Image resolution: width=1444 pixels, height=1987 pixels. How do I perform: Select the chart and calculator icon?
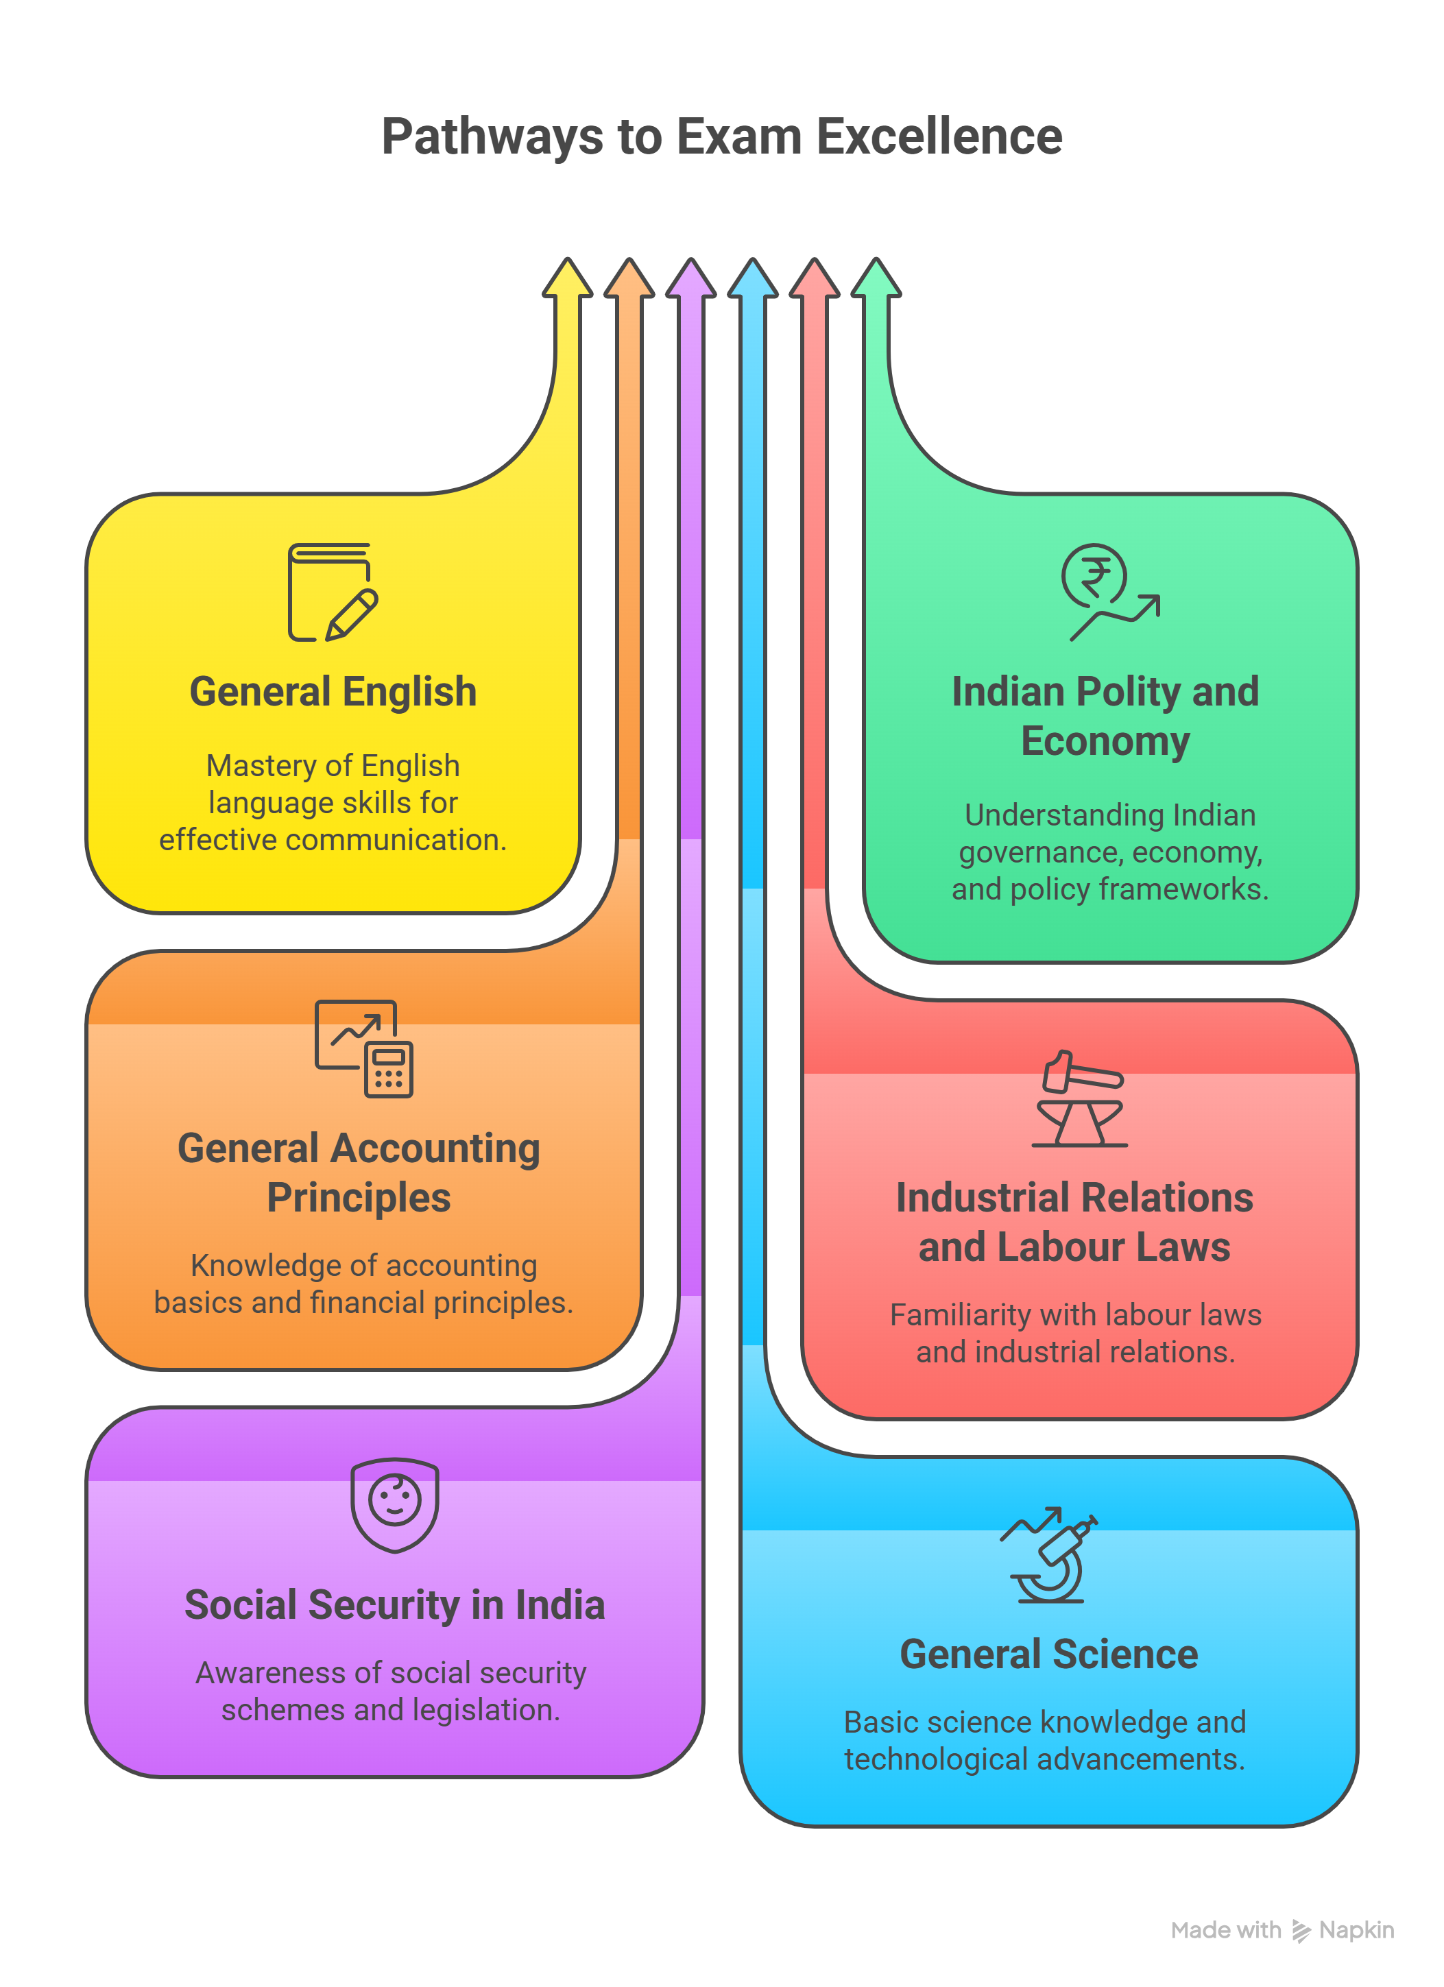[x=363, y=1049]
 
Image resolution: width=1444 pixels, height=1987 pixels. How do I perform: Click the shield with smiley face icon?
[x=394, y=1504]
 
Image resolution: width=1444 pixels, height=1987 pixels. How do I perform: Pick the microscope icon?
[x=1050, y=1555]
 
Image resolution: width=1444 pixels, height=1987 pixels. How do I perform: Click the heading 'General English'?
[x=333, y=692]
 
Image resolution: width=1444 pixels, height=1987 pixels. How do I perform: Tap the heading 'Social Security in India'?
[x=394, y=1605]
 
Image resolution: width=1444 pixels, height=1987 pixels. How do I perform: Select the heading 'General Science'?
[x=1049, y=1654]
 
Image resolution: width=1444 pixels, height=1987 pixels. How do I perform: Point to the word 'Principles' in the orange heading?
[x=359, y=1198]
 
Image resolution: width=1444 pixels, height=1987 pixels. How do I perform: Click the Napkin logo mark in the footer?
[x=1301, y=1931]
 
